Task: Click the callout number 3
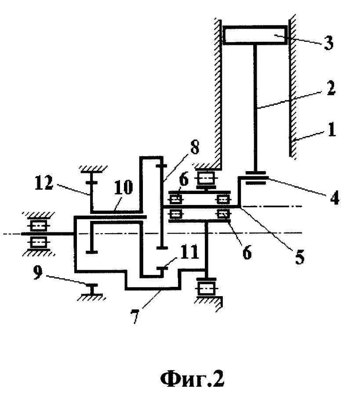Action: pyautogui.click(x=329, y=42)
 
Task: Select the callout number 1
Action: pyautogui.click(x=332, y=129)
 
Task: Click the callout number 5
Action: pyautogui.click(x=299, y=257)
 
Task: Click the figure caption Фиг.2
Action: pyautogui.click(x=192, y=378)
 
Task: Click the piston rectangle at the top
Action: pyautogui.click(x=255, y=35)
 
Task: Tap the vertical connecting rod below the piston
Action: pyautogui.click(x=255, y=108)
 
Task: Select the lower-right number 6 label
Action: pyautogui.click(x=247, y=252)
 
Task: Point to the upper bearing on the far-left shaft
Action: pyautogui.click(x=38, y=225)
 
